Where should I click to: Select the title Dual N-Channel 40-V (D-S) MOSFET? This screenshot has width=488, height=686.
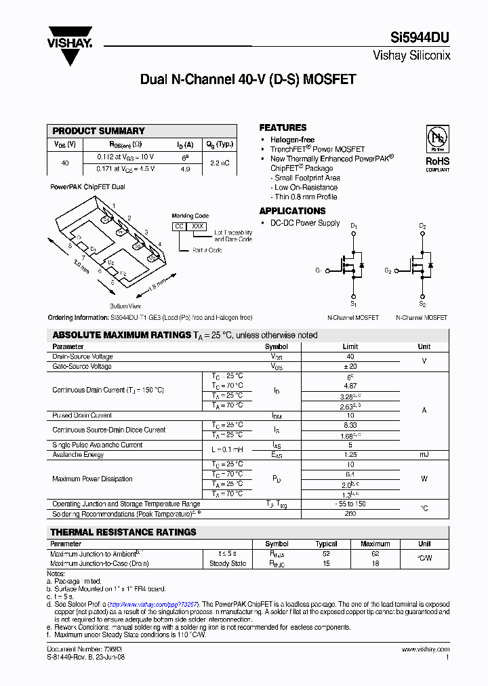coord(247,79)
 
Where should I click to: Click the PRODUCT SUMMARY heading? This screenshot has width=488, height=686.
coord(98,131)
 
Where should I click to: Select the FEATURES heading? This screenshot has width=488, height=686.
coord(283,127)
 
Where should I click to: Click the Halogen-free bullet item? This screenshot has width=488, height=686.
coord(292,140)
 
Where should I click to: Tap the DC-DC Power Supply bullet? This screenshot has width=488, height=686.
coord(305,222)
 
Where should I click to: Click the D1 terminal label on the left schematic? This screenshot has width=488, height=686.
coord(353,226)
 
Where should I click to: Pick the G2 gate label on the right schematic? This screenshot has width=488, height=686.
coord(388,270)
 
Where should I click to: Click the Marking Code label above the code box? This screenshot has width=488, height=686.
coord(190,216)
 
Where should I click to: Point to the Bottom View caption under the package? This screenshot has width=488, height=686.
coord(125,306)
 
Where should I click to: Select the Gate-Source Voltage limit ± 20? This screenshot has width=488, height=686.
coord(350,366)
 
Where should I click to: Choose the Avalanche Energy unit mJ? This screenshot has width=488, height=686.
coord(424,454)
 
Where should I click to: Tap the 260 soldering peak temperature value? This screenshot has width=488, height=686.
coord(350,513)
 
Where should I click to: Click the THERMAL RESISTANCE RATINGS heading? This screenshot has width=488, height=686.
coord(123,532)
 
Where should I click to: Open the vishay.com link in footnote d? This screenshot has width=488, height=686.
coord(153,603)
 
